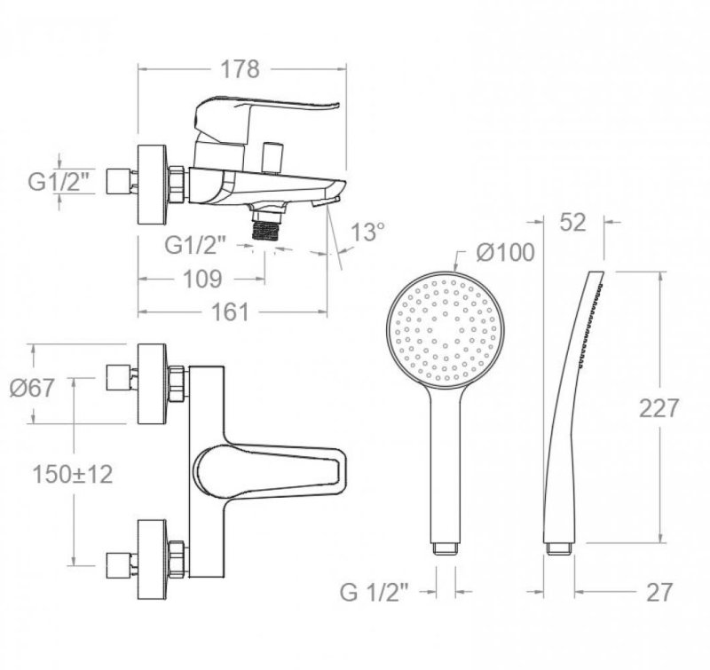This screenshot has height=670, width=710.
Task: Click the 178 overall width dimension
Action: coord(240,69)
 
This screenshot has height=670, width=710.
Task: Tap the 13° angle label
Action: coord(367,233)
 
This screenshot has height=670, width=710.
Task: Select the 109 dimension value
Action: coord(202,279)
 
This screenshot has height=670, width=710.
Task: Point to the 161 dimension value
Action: coord(230,311)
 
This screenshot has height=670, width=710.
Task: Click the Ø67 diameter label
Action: coord(32,388)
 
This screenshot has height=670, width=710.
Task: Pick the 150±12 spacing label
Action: coord(73,475)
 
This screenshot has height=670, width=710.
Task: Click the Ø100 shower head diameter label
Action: coord(505,252)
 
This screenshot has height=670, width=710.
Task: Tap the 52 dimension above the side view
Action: coord(572,222)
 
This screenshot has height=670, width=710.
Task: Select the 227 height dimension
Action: coord(659,408)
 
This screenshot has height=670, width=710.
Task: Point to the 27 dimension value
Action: coord(659,592)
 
